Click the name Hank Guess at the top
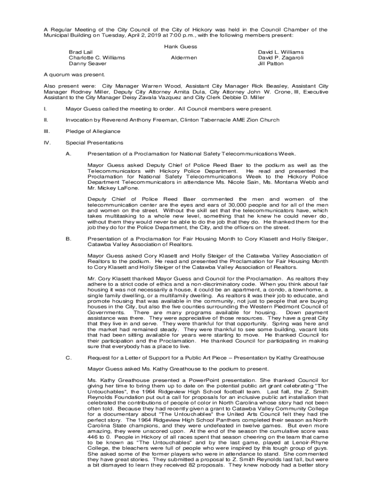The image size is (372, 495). point(181,46)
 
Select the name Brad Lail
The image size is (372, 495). point(81,52)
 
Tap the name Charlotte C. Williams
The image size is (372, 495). point(97,58)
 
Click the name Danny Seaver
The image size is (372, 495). point(87,63)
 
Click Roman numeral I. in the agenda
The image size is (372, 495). point(44,108)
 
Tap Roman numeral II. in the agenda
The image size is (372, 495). point(45,120)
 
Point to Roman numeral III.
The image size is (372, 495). point(46,131)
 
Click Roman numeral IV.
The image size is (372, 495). point(46,143)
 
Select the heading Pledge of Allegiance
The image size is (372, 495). point(93,131)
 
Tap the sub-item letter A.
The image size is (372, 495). point(68,154)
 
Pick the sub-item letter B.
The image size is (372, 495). point(68,239)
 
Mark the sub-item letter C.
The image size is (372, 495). point(68,358)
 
